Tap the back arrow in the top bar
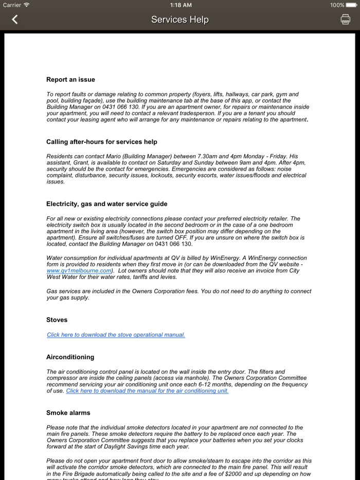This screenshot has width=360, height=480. coord(15,20)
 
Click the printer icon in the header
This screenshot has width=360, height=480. coord(345,20)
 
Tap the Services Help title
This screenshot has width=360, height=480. coord(180,20)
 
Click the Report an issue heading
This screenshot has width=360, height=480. coord(70,80)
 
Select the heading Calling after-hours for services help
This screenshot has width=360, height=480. coord(102,142)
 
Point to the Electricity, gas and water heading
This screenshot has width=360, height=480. coord(106,204)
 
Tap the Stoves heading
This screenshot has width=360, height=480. coord(57,320)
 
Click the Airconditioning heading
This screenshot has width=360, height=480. coord(70,357)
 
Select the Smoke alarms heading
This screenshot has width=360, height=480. coord(68,413)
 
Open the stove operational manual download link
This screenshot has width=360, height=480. coord(116,335)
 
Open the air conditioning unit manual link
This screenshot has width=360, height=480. coord(147,391)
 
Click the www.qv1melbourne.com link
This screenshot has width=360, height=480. coord(79,270)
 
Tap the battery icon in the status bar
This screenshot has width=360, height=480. coord(351,5)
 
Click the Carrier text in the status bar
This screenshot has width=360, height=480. coord(12,5)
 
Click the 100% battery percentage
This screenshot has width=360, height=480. coord(337,5)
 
